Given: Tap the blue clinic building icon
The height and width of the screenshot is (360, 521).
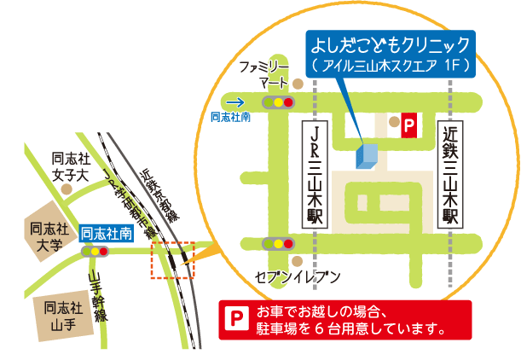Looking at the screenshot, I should point(366,155).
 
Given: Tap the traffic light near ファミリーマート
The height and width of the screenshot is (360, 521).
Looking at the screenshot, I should point(278,102).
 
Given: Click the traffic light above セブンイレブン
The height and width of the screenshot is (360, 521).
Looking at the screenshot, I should point(279,243).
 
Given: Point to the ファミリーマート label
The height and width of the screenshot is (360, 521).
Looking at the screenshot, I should point(263,74).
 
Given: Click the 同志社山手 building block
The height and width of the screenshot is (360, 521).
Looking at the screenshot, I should point(63,315).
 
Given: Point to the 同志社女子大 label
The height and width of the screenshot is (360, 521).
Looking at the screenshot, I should point(70,167).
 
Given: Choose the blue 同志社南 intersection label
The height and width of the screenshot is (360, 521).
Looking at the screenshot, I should point(106,233).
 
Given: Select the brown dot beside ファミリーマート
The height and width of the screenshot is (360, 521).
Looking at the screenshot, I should point(297,84).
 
